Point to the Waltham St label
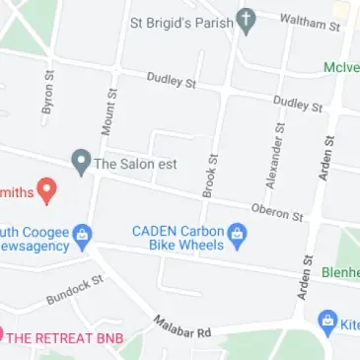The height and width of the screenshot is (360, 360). pyautogui.click(x=309, y=20)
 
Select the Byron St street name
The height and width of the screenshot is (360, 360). pyautogui.click(x=47, y=95)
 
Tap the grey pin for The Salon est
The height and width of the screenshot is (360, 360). pyautogui.click(x=80, y=161)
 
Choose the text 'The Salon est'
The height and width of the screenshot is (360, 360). pyautogui.click(x=135, y=164)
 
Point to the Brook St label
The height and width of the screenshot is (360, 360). pyautogui.click(x=208, y=175)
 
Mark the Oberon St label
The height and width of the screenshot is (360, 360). pyautogui.click(x=277, y=210)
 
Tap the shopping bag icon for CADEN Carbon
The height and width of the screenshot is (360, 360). pyautogui.click(x=237, y=235)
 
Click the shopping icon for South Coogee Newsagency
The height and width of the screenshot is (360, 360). pyautogui.click(x=84, y=234)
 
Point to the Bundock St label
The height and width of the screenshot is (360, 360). pyautogui.click(x=74, y=289)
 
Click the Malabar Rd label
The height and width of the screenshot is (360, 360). pyautogui.click(x=182, y=326)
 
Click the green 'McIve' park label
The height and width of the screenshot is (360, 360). pyautogui.click(x=341, y=68)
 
